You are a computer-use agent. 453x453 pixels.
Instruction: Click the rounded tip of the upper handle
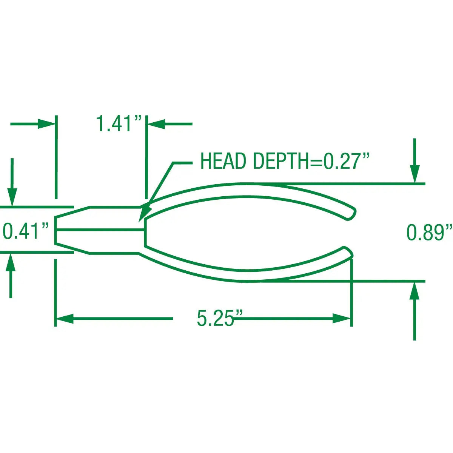(x=352, y=213)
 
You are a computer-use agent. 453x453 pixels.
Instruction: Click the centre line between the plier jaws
(x=100, y=229)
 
